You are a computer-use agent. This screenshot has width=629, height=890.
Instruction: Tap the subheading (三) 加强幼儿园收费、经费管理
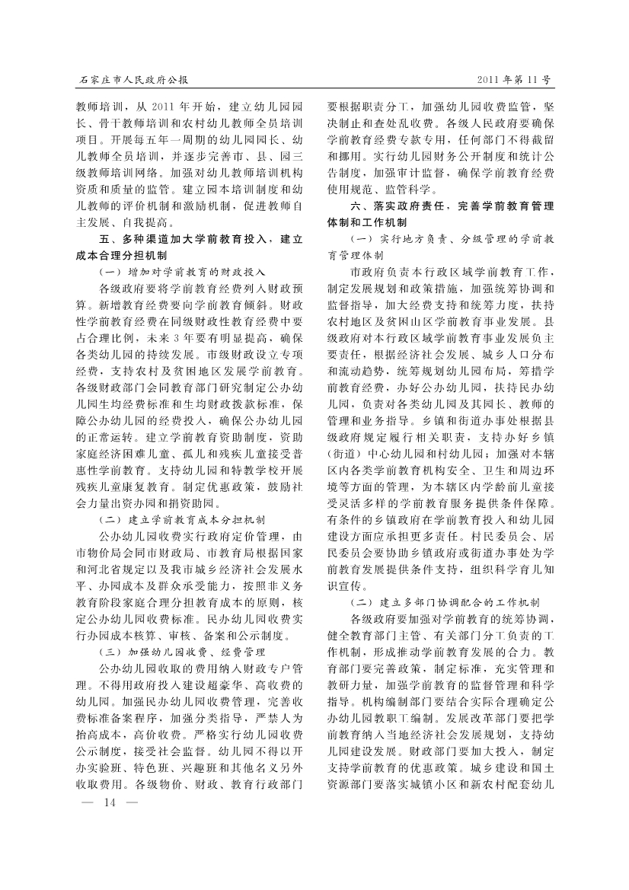183,652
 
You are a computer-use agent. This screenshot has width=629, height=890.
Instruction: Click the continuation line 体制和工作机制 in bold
367,223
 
